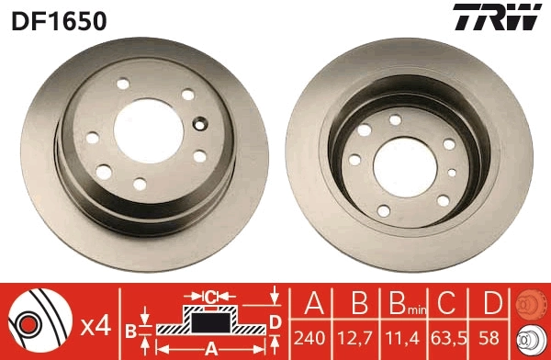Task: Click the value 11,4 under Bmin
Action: [x=404, y=336]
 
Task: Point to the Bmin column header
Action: [x=404, y=304]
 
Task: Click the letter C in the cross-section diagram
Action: [x=209, y=297]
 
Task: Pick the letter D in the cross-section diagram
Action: [x=275, y=321]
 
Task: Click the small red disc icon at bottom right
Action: [x=530, y=303]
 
